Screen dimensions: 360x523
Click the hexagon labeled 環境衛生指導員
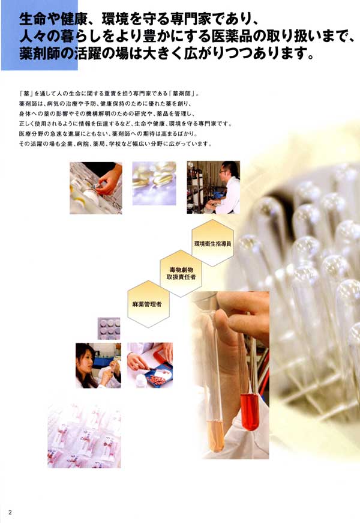pos(212,243)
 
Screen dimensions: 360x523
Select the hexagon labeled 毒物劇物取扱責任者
pos(181,273)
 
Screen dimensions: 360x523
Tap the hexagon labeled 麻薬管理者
pos(149,304)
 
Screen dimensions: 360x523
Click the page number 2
pos(10,512)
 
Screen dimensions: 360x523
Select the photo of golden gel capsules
pos(154,183)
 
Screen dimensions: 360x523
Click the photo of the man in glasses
pos(214,187)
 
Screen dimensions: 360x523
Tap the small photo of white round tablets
pos(109,328)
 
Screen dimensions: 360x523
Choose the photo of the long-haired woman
pos(98,365)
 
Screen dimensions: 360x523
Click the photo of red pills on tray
pos(149,365)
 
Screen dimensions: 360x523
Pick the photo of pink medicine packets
pos(84,435)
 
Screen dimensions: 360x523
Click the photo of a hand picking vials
pos(95,188)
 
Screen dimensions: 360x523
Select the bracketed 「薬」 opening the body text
pos(25,94)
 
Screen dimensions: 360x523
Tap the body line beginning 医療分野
pos(109,134)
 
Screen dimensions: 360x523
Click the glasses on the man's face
pos(223,171)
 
